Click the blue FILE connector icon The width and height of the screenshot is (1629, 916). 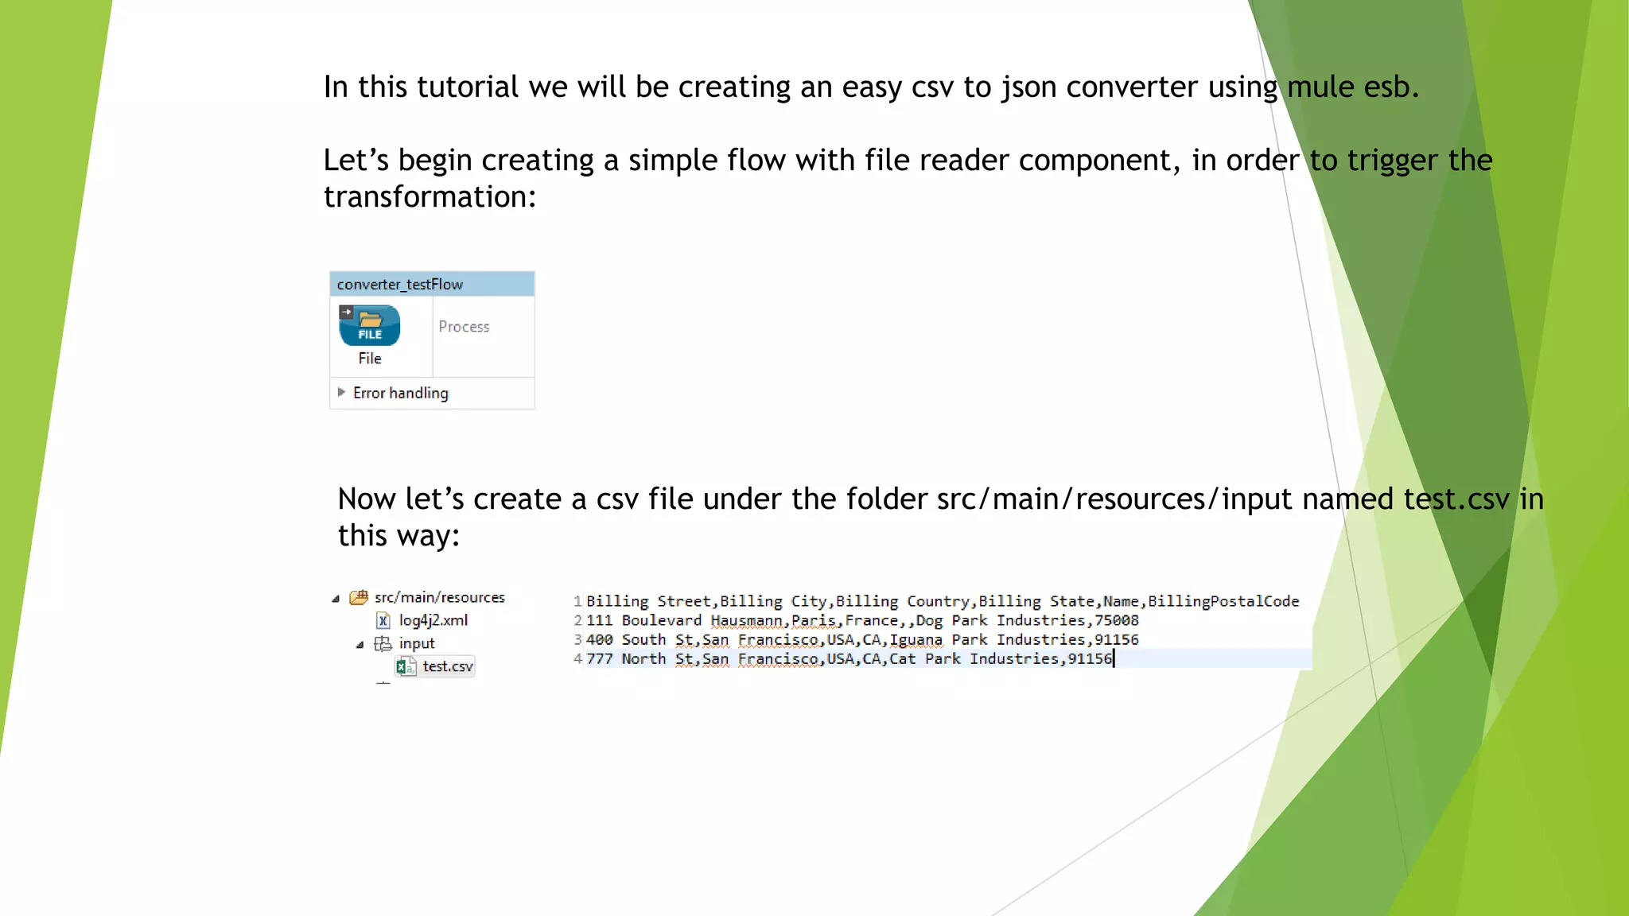[x=370, y=325]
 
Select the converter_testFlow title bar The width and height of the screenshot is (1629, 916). [x=432, y=284]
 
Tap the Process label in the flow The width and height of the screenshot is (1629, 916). [x=464, y=327]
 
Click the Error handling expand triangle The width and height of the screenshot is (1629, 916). [x=341, y=392]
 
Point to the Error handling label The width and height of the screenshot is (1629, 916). [x=400, y=393]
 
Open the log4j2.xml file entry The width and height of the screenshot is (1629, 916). [x=433, y=620]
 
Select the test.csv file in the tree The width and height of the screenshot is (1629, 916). [x=447, y=666]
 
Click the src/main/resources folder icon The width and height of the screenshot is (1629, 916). [x=359, y=597]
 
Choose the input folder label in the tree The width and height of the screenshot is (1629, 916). [x=417, y=643]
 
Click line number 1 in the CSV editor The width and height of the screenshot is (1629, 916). [x=577, y=601]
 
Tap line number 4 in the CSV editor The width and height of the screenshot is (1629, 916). [x=577, y=658]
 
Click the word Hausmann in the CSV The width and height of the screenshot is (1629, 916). [x=746, y=620]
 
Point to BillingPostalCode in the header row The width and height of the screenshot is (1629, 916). [x=1223, y=601]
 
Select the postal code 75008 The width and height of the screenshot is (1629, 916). [x=1116, y=620]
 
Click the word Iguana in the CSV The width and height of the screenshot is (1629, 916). [x=916, y=639]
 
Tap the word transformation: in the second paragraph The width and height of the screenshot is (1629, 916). [x=430, y=196]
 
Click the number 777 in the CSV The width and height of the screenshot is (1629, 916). [x=600, y=658]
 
